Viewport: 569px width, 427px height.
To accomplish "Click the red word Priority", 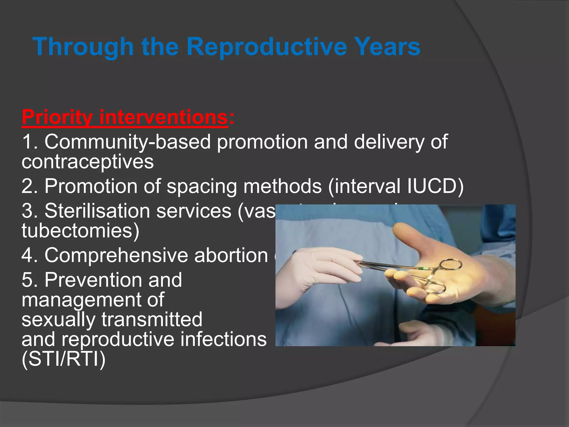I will pos(57,118).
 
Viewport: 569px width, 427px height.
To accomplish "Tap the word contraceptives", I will pos(88,162).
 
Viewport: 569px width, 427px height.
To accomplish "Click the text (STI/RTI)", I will pos(64,359).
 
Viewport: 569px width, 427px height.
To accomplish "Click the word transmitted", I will pos(152,319).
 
